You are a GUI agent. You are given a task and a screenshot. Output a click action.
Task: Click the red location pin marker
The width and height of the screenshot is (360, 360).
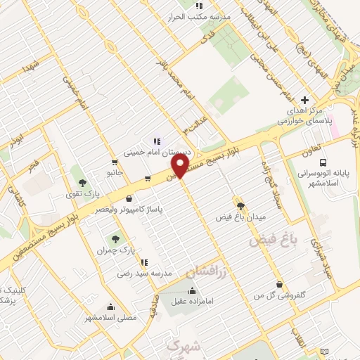[x=181, y=167]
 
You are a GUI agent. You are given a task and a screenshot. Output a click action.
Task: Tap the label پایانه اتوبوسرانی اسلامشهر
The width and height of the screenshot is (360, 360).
[x=332, y=176]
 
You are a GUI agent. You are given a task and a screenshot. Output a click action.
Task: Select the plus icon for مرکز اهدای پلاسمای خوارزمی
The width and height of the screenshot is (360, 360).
[x=304, y=100]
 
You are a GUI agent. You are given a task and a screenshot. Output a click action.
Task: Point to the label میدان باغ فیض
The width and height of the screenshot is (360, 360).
[x=240, y=217]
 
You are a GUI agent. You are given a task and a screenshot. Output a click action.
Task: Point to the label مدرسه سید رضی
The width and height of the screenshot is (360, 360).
[x=143, y=273]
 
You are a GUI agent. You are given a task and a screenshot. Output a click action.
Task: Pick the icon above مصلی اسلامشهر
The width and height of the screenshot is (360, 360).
[x=110, y=307]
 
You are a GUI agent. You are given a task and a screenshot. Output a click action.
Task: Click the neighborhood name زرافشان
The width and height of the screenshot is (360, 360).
[x=208, y=271]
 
